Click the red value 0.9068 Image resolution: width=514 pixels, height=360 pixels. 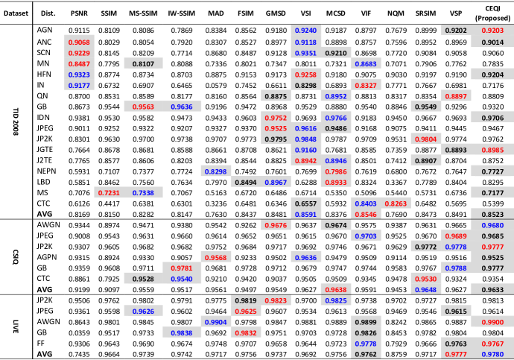click(x=79, y=42)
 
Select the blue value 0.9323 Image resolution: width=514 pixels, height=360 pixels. click(x=79, y=75)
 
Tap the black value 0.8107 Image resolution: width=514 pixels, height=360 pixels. click(x=143, y=64)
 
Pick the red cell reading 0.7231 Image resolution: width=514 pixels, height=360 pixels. click(x=109, y=193)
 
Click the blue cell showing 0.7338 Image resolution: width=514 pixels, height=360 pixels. click(x=143, y=193)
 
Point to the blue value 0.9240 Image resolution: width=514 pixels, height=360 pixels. click(x=305, y=31)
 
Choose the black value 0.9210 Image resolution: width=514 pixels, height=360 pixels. click(x=336, y=54)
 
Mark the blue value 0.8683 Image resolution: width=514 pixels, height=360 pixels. click(x=366, y=64)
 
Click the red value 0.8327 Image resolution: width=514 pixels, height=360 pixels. click(x=366, y=86)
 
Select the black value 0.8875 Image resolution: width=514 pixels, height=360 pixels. click(x=276, y=96)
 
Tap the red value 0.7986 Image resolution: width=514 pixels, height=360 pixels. click(x=336, y=171)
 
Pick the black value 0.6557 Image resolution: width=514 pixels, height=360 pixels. click(x=305, y=204)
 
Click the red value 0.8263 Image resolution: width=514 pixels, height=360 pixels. click(x=396, y=204)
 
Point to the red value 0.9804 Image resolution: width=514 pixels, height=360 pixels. click(x=426, y=139)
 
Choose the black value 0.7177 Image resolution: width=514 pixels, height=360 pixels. click(x=492, y=193)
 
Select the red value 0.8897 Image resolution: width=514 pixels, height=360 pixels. click(x=456, y=96)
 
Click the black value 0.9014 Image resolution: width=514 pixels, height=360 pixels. click(x=492, y=42)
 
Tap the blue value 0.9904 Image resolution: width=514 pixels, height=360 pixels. click(x=216, y=323)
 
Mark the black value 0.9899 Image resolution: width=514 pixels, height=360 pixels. click(x=366, y=323)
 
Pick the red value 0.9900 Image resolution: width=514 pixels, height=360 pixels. click(x=492, y=323)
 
